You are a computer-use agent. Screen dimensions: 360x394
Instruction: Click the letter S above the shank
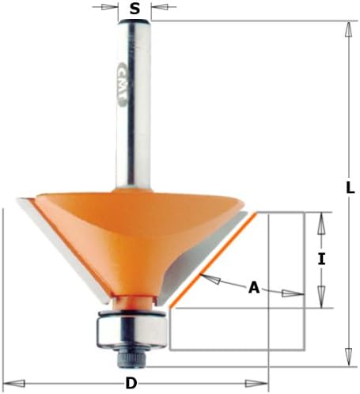135,9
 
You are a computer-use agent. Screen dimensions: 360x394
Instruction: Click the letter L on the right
351,188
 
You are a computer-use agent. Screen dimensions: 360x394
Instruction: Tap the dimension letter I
321,259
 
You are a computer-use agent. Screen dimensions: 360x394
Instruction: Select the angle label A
254,287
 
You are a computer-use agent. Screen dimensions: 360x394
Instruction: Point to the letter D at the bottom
131,383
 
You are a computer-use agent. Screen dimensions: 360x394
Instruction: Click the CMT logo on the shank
122,85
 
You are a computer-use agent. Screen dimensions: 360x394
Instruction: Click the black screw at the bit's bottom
131,358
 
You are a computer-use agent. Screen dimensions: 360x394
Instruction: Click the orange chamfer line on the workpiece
214,260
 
